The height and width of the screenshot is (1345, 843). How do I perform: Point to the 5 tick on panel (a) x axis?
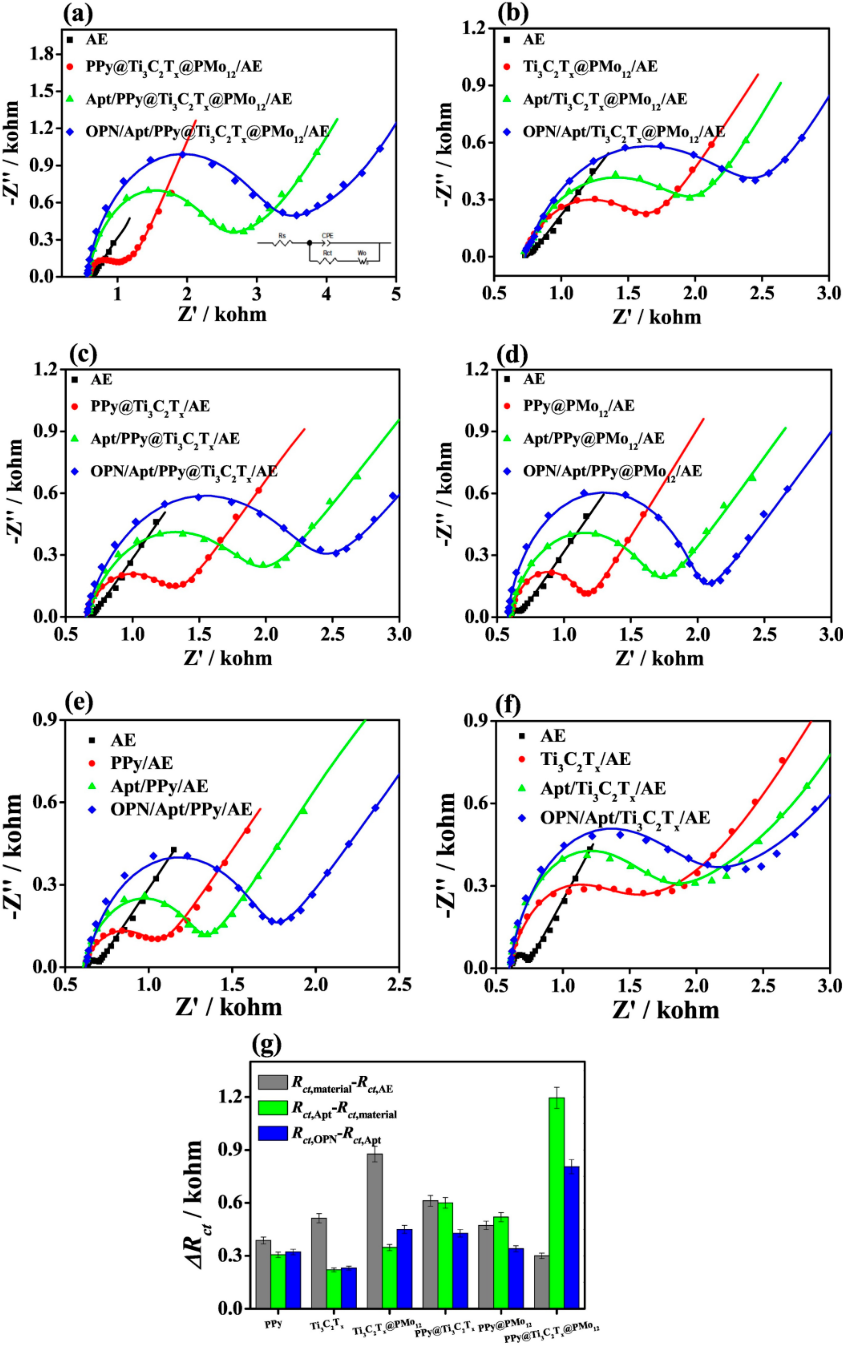(x=396, y=294)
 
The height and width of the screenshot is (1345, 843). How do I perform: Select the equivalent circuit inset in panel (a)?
(x=323, y=249)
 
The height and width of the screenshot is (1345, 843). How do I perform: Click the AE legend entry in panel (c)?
(x=101, y=380)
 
